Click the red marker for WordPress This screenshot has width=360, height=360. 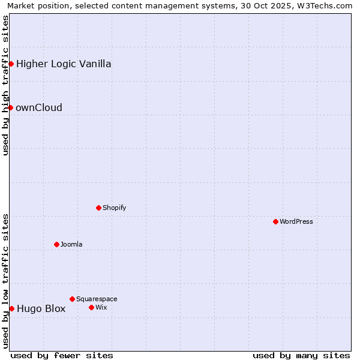(x=275, y=221)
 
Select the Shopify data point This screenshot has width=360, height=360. (x=98, y=208)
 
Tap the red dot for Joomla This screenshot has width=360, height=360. (x=56, y=244)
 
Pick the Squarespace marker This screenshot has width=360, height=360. (x=72, y=299)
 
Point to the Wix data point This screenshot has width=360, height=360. (x=91, y=307)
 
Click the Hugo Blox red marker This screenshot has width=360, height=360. (x=11, y=308)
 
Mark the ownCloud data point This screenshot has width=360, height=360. (x=10, y=107)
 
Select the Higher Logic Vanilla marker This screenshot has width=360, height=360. (x=11, y=64)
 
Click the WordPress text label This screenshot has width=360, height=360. (x=296, y=221)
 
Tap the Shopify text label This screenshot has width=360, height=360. (x=115, y=208)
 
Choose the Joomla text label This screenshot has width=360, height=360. (x=71, y=244)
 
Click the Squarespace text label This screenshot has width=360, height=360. (x=97, y=299)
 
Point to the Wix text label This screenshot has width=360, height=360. (x=101, y=307)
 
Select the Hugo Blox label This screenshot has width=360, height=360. (x=41, y=309)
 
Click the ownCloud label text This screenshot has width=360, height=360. (x=39, y=108)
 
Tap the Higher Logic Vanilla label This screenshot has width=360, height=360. (x=64, y=64)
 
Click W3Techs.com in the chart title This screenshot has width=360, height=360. (x=323, y=6)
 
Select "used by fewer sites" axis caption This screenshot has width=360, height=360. (x=62, y=355)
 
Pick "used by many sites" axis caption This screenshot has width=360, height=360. (x=301, y=355)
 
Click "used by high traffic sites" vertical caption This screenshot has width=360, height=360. (x=6, y=85)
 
